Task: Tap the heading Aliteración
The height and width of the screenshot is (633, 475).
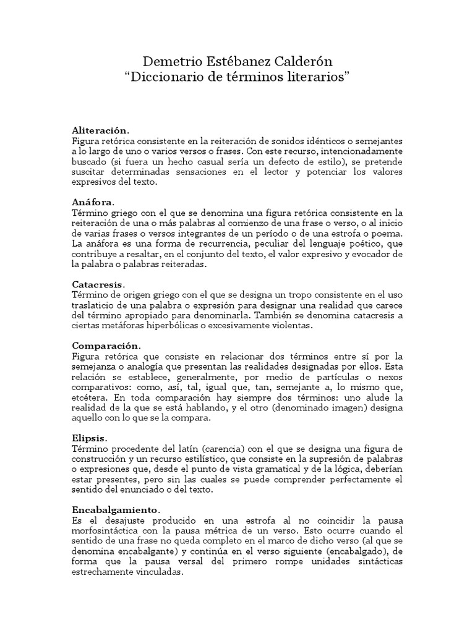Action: pos(100,130)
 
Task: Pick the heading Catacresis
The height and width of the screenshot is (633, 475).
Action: pos(98,284)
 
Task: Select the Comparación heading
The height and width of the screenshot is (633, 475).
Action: pos(106,345)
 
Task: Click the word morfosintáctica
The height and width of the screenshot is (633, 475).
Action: pos(108,530)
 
